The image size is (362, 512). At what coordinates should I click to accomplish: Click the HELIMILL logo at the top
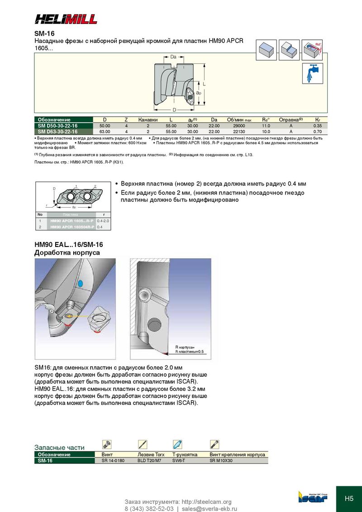pyautogui.click(x=66, y=19)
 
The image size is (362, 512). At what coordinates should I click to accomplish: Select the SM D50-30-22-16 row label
pyautogui.click(x=57, y=125)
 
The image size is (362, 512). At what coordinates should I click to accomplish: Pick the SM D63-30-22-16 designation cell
pyautogui.click(x=57, y=131)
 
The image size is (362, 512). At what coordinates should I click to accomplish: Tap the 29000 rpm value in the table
pyautogui.click(x=238, y=125)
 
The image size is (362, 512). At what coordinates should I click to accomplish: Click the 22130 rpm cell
pyautogui.click(x=238, y=131)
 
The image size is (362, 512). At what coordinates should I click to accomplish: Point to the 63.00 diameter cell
pyautogui.click(x=105, y=131)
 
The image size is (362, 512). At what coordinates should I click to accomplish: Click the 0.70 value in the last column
pyautogui.click(x=317, y=131)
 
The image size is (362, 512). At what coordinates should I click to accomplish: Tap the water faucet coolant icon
pyautogui.click(x=312, y=73)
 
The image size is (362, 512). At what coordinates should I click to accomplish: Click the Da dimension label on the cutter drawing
pyautogui.click(x=173, y=57)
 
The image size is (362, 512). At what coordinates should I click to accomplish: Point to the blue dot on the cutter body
pyautogui.click(x=80, y=284)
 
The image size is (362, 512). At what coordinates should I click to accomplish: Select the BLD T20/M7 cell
pyautogui.click(x=149, y=460)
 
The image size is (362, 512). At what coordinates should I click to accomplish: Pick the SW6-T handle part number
pyautogui.click(x=179, y=460)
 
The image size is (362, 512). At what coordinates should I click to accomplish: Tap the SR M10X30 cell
pyautogui.click(x=221, y=460)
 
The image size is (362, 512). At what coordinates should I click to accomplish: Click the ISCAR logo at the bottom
pyautogui.click(x=312, y=496)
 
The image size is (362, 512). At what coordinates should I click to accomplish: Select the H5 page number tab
pyautogui.click(x=349, y=499)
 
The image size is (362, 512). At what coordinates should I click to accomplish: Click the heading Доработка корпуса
pyautogui.click(x=67, y=252)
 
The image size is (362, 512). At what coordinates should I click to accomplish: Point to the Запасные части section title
pyautogui.click(x=59, y=447)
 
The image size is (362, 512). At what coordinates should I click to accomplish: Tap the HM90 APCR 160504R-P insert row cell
pyautogui.click(x=72, y=227)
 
